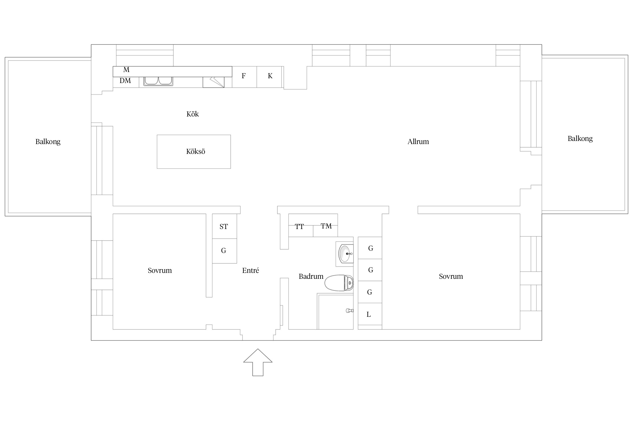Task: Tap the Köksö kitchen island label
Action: pyautogui.click(x=196, y=152)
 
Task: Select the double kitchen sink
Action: pyautogui.click(x=158, y=81)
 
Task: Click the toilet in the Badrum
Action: pyautogui.click(x=339, y=283)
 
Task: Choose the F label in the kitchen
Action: pyautogui.click(x=244, y=76)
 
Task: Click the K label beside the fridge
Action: pyautogui.click(x=270, y=76)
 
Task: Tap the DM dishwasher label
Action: pyautogui.click(x=125, y=81)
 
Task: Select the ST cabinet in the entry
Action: pyautogui.click(x=224, y=226)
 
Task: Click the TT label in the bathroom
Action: pyautogui.click(x=299, y=226)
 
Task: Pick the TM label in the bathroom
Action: pyautogui.click(x=326, y=226)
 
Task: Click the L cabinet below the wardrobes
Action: pyautogui.click(x=370, y=314)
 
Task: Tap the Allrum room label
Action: pyautogui.click(x=418, y=142)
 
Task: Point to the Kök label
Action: pyautogui.click(x=192, y=114)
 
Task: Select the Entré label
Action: pyautogui.click(x=250, y=270)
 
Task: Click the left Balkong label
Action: pyautogui.click(x=48, y=142)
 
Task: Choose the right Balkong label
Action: pyautogui.click(x=580, y=138)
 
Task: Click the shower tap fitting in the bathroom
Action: pyautogui.click(x=349, y=311)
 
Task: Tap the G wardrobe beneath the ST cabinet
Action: pyautogui.click(x=224, y=251)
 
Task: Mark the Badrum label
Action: pyautogui.click(x=311, y=276)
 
